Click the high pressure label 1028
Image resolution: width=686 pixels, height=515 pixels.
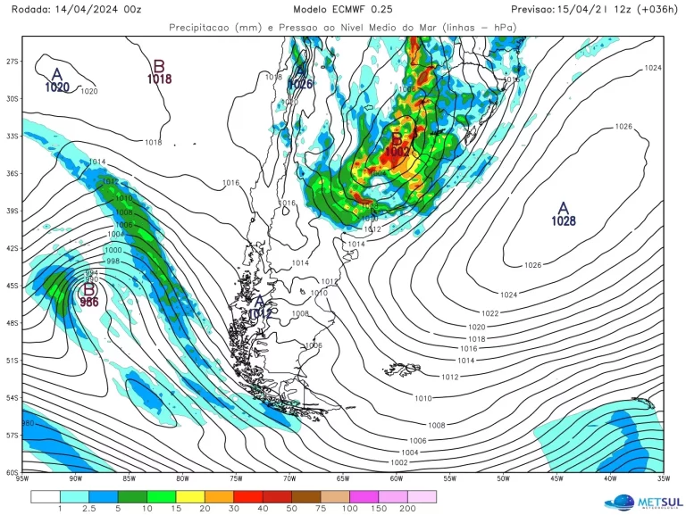coord(563,220)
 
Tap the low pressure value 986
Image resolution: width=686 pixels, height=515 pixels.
coord(89,303)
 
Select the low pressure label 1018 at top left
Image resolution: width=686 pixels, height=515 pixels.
coord(159,79)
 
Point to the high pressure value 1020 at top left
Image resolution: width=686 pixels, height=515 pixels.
coord(56,87)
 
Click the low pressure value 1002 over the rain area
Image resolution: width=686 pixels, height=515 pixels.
coord(397,152)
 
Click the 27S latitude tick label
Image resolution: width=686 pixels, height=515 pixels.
coord(13,62)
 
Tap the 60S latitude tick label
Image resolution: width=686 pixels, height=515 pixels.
coord(13,472)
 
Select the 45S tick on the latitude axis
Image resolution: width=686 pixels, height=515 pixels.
coord(13,286)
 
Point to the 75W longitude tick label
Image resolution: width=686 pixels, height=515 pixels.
coord(236,479)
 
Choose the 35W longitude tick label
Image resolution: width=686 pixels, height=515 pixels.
coord(663,479)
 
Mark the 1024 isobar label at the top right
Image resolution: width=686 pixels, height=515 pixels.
coord(653,68)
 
